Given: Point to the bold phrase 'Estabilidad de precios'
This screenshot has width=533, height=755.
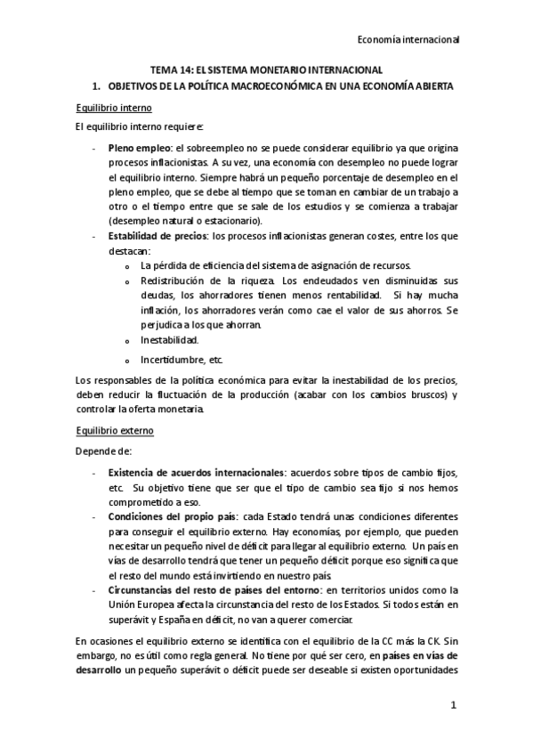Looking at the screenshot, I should tap(157, 235).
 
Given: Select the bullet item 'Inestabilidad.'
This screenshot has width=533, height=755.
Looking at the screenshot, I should tap(169, 339).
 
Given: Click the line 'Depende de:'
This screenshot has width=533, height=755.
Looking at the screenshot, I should tap(103, 451).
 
